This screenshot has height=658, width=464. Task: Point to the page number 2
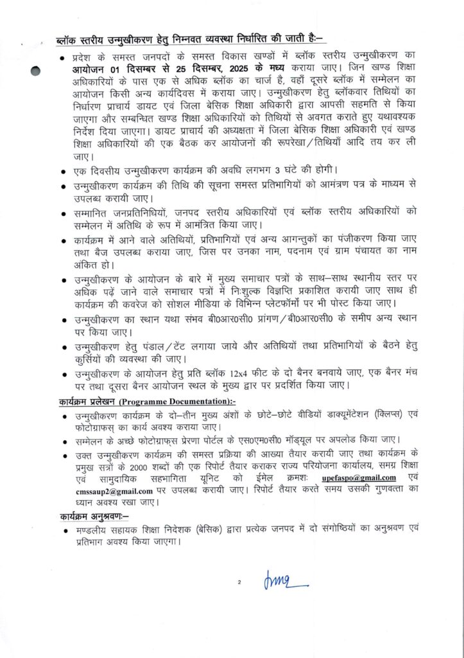[x=238, y=582]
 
